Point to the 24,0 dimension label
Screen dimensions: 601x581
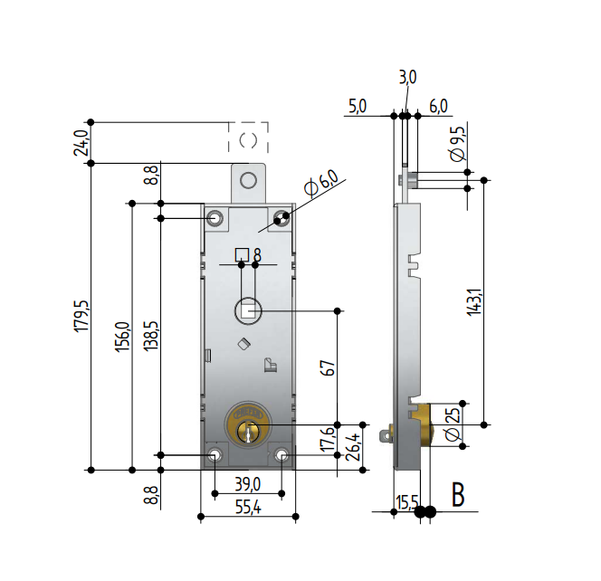[81, 143]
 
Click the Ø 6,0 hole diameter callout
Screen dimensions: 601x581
[321, 183]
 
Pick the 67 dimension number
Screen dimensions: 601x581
[328, 368]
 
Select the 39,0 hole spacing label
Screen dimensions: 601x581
[248, 484]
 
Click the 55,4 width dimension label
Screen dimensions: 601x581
[248, 508]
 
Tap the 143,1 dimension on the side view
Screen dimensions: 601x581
[474, 302]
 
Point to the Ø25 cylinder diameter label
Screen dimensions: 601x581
[453, 424]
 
